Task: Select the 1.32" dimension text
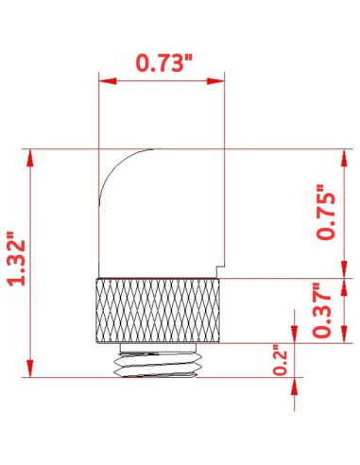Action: tap(16, 262)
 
